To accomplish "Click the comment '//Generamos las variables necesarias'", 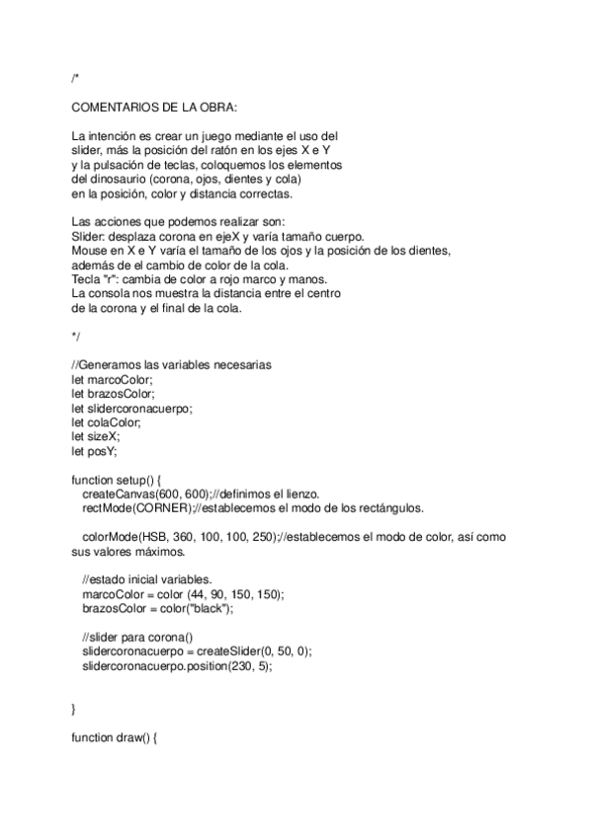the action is coord(171,364).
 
